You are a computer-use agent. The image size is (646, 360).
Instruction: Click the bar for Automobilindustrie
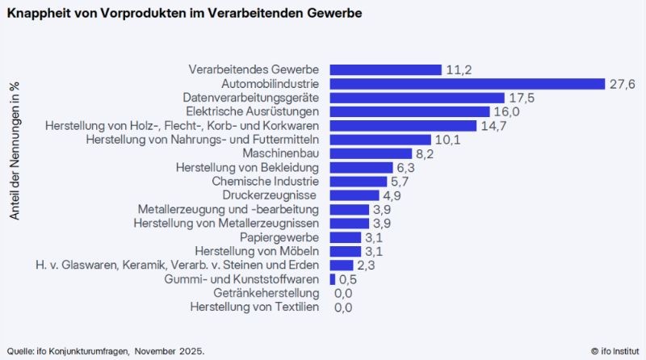click(467, 84)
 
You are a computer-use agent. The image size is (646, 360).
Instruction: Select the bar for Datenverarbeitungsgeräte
click(417, 98)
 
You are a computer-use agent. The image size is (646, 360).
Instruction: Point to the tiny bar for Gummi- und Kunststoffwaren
click(332, 279)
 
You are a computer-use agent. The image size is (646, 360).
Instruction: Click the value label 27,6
click(622, 84)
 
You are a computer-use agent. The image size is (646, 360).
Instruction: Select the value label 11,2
click(459, 70)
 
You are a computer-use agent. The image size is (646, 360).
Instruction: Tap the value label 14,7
click(493, 126)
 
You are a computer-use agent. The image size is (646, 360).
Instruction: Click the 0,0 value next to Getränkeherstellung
click(343, 293)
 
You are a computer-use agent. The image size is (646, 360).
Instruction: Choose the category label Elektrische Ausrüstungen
click(253, 111)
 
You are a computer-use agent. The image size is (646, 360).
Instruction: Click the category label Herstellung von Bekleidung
click(248, 167)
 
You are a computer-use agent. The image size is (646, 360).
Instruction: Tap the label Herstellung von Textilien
click(254, 307)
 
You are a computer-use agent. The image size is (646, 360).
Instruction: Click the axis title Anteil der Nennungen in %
click(15, 151)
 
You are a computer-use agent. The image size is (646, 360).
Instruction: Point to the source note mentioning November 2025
click(106, 350)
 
